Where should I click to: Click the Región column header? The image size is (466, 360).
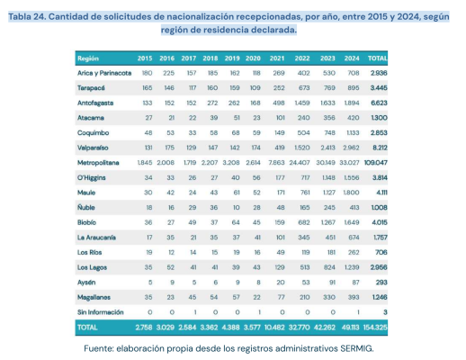point(89,56)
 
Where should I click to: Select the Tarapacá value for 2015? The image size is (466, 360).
point(146,89)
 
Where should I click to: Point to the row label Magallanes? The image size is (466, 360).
point(96,294)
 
